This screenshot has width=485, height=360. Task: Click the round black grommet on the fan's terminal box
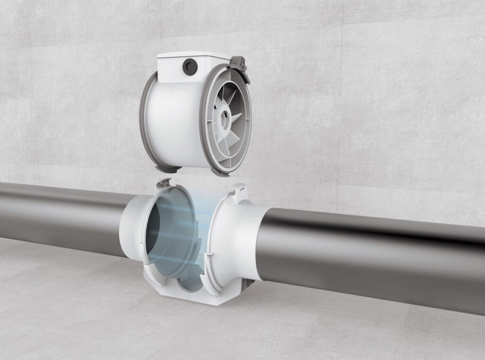(x=190, y=67)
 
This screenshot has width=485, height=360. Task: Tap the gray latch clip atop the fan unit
(x=239, y=63)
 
